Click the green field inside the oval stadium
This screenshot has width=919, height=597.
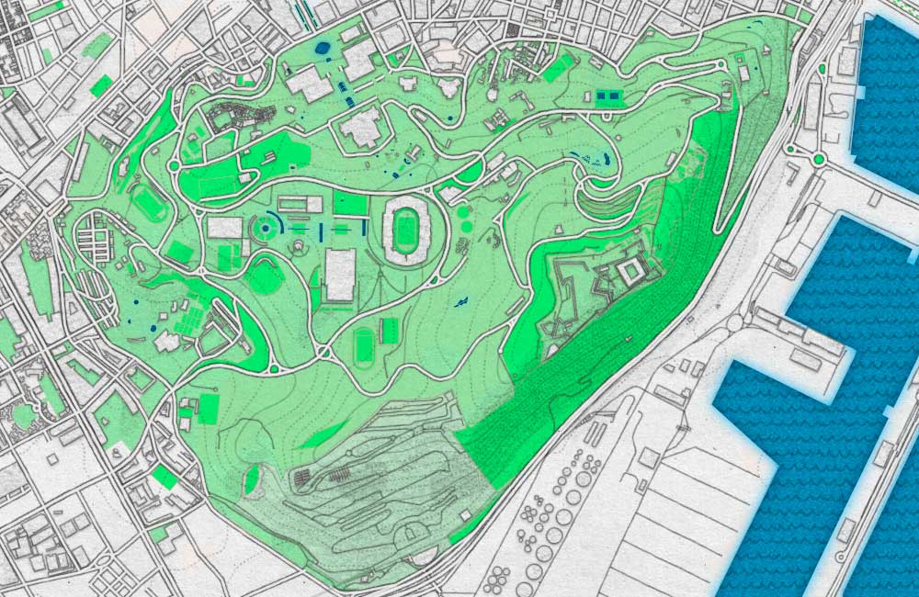click(x=404, y=231)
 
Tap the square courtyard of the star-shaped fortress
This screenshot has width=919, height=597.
click(x=631, y=272)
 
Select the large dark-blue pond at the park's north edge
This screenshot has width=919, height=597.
click(x=323, y=49)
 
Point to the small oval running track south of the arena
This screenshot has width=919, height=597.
click(x=364, y=345)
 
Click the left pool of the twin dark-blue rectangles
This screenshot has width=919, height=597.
click(x=603, y=95)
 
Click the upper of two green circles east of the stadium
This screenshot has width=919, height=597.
click(x=462, y=211)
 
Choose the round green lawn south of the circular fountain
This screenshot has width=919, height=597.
click(x=265, y=276)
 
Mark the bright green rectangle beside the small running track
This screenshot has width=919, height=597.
click(x=390, y=330)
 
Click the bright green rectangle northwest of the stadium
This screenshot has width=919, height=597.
click(x=350, y=204)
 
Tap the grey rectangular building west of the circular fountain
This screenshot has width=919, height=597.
click(x=224, y=227)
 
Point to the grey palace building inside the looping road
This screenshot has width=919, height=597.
click(x=366, y=129)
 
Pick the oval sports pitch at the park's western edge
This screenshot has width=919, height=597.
click(x=148, y=202)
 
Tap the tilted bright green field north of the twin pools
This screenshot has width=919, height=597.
click(x=558, y=67)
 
